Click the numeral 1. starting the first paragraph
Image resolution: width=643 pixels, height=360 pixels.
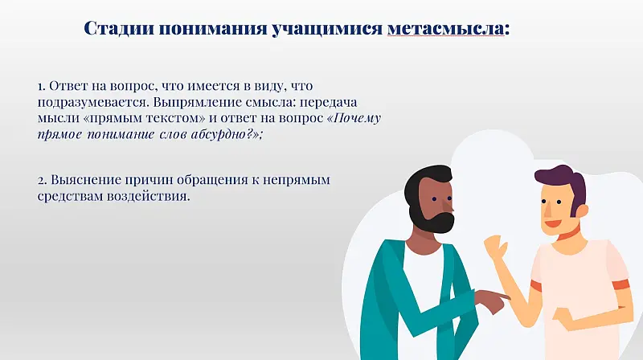point(41,85)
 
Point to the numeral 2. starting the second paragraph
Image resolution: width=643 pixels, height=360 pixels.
point(42,180)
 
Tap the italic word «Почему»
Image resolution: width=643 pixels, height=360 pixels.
point(355,118)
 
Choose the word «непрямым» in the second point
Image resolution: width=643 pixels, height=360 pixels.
point(301,180)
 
